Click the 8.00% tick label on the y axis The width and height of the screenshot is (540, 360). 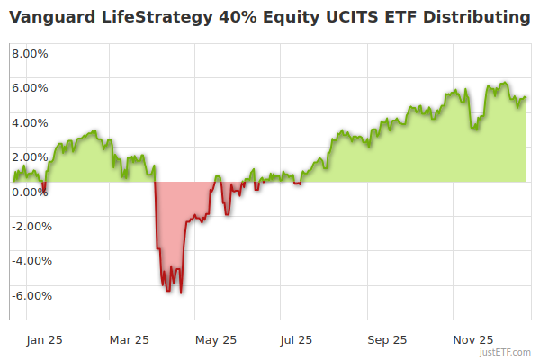31,53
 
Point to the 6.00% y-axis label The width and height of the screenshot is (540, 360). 31,88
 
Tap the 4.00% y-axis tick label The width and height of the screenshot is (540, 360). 31,122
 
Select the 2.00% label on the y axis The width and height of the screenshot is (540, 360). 31,157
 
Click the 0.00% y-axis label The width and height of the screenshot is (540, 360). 31,192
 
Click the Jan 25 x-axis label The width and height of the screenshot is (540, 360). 45,339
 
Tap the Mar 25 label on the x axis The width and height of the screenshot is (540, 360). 128,339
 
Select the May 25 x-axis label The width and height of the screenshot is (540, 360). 216,339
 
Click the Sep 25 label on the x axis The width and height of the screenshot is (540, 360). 387,339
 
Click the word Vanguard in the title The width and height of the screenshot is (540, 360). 53,17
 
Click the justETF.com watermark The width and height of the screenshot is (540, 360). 505,352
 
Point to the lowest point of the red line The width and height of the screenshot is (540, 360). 181,292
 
